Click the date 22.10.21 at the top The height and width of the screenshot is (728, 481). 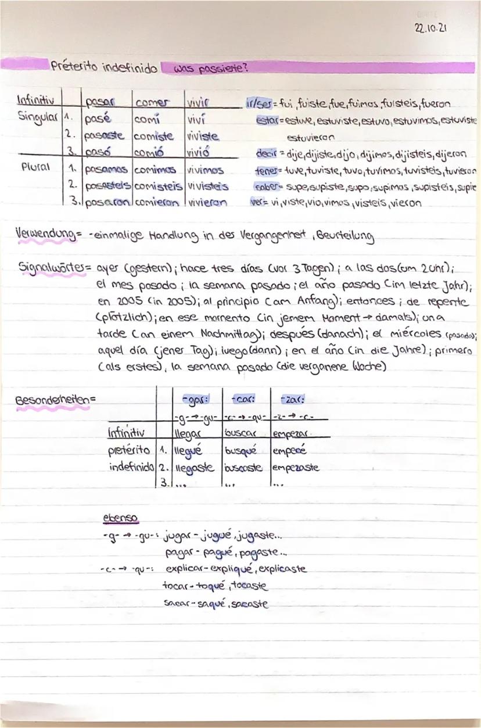(431, 28)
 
